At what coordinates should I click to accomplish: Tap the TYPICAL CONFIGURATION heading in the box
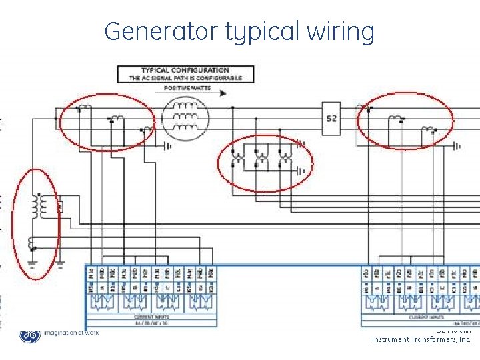[x=185, y=70]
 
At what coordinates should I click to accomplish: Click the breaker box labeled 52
[x=331, y=119]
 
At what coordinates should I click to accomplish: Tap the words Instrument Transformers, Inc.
[x=421, y=339]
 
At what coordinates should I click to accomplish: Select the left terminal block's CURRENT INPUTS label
[x=151, y=317]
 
